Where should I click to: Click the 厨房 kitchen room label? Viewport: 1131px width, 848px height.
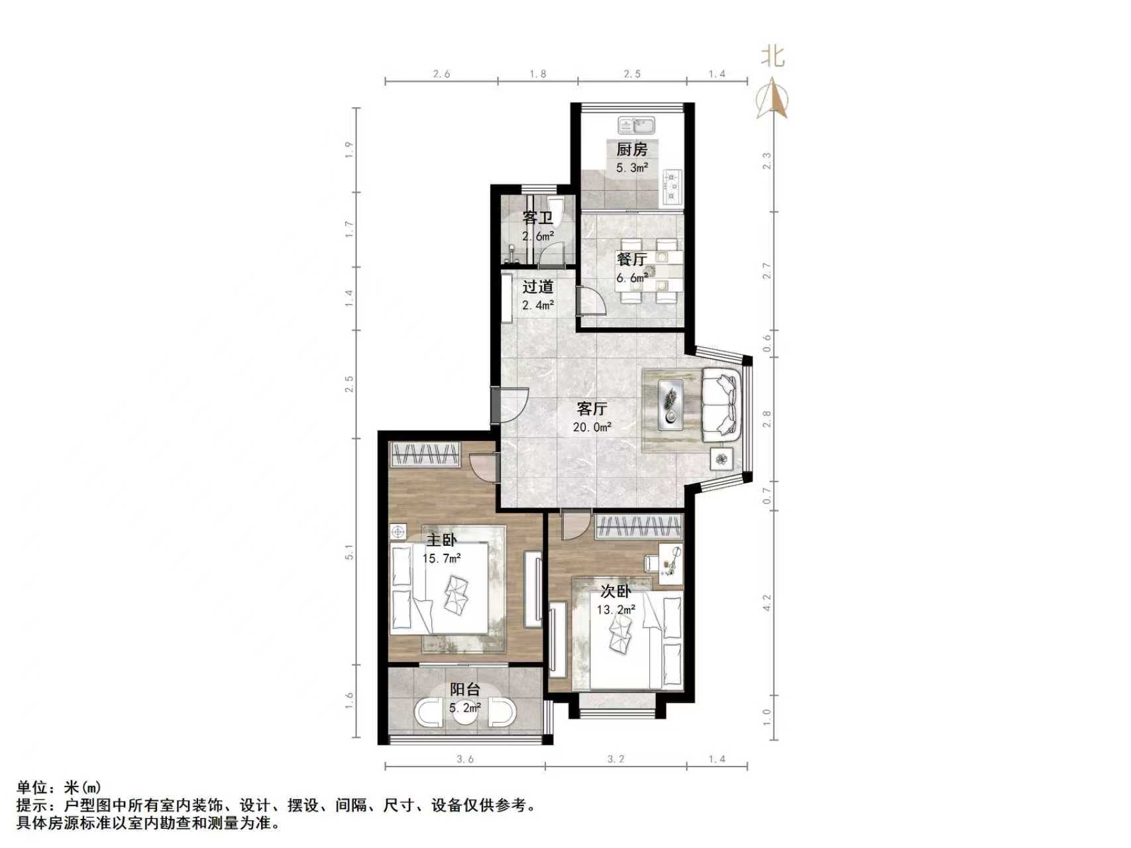click(631, 150)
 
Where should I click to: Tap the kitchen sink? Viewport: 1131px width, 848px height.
click(636, 125)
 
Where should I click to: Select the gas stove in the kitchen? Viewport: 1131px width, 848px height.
click(673, 185)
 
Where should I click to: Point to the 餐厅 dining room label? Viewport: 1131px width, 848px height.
click(631, 260)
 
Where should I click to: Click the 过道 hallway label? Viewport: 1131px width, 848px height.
click(537, 287)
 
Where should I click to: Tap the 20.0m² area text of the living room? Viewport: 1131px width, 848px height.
click(592, 427)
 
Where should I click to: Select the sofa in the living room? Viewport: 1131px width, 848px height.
click(720, 405)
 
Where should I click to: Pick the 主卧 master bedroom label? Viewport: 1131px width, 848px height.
click(441, 541)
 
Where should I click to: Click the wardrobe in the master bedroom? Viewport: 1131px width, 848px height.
click(425, 455)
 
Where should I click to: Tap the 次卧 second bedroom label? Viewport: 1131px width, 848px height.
click(616, 592)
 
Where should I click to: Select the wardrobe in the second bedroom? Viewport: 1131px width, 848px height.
click(639, 527)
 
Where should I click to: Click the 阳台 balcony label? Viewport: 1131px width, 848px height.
click(465, 690)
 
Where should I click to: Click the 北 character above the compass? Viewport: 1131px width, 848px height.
click(773, 56)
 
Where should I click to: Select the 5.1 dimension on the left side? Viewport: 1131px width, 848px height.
click(349, 552)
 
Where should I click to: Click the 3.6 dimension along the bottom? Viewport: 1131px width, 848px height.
click(465, 759)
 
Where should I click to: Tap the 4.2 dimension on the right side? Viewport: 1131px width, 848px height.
click(767, 602)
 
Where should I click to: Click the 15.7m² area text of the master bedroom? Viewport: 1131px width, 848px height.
click(441, 558)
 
